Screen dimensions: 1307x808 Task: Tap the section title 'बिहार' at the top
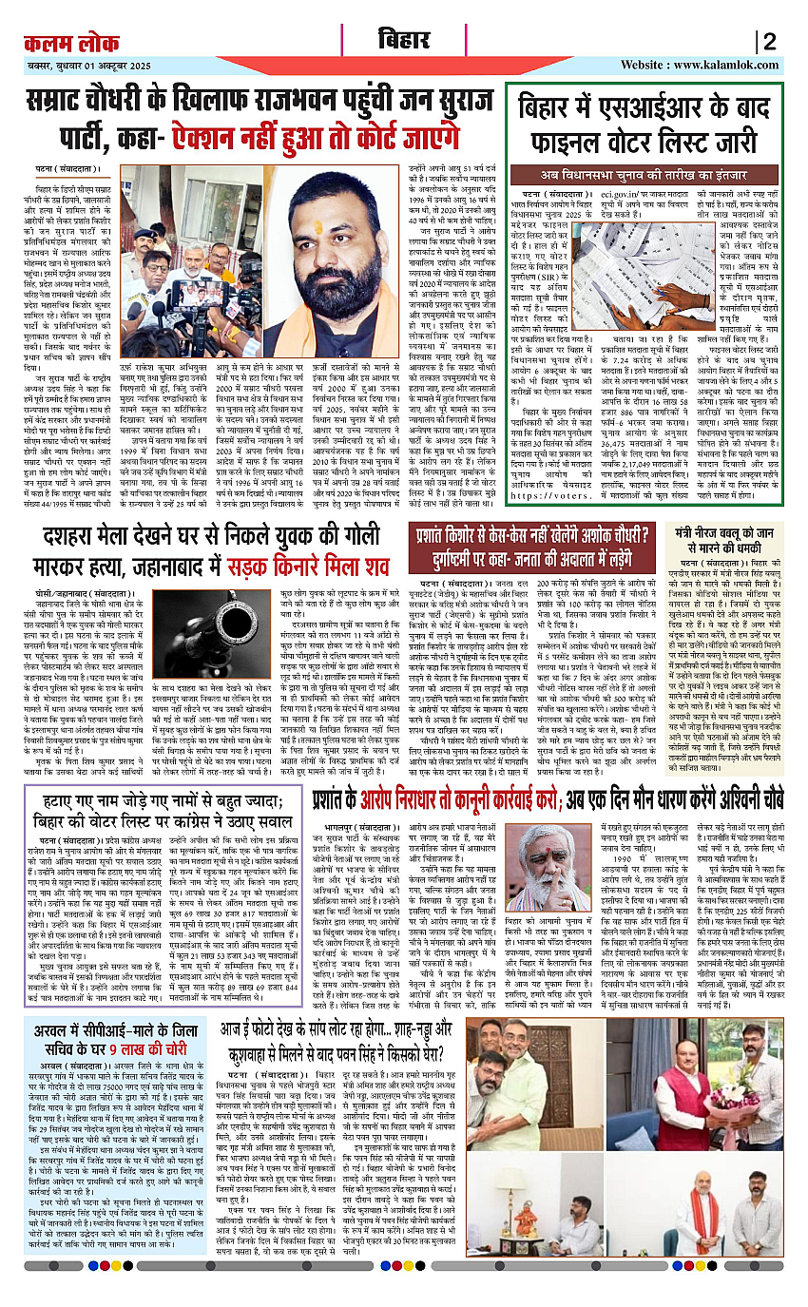click(x=404, y=42)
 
